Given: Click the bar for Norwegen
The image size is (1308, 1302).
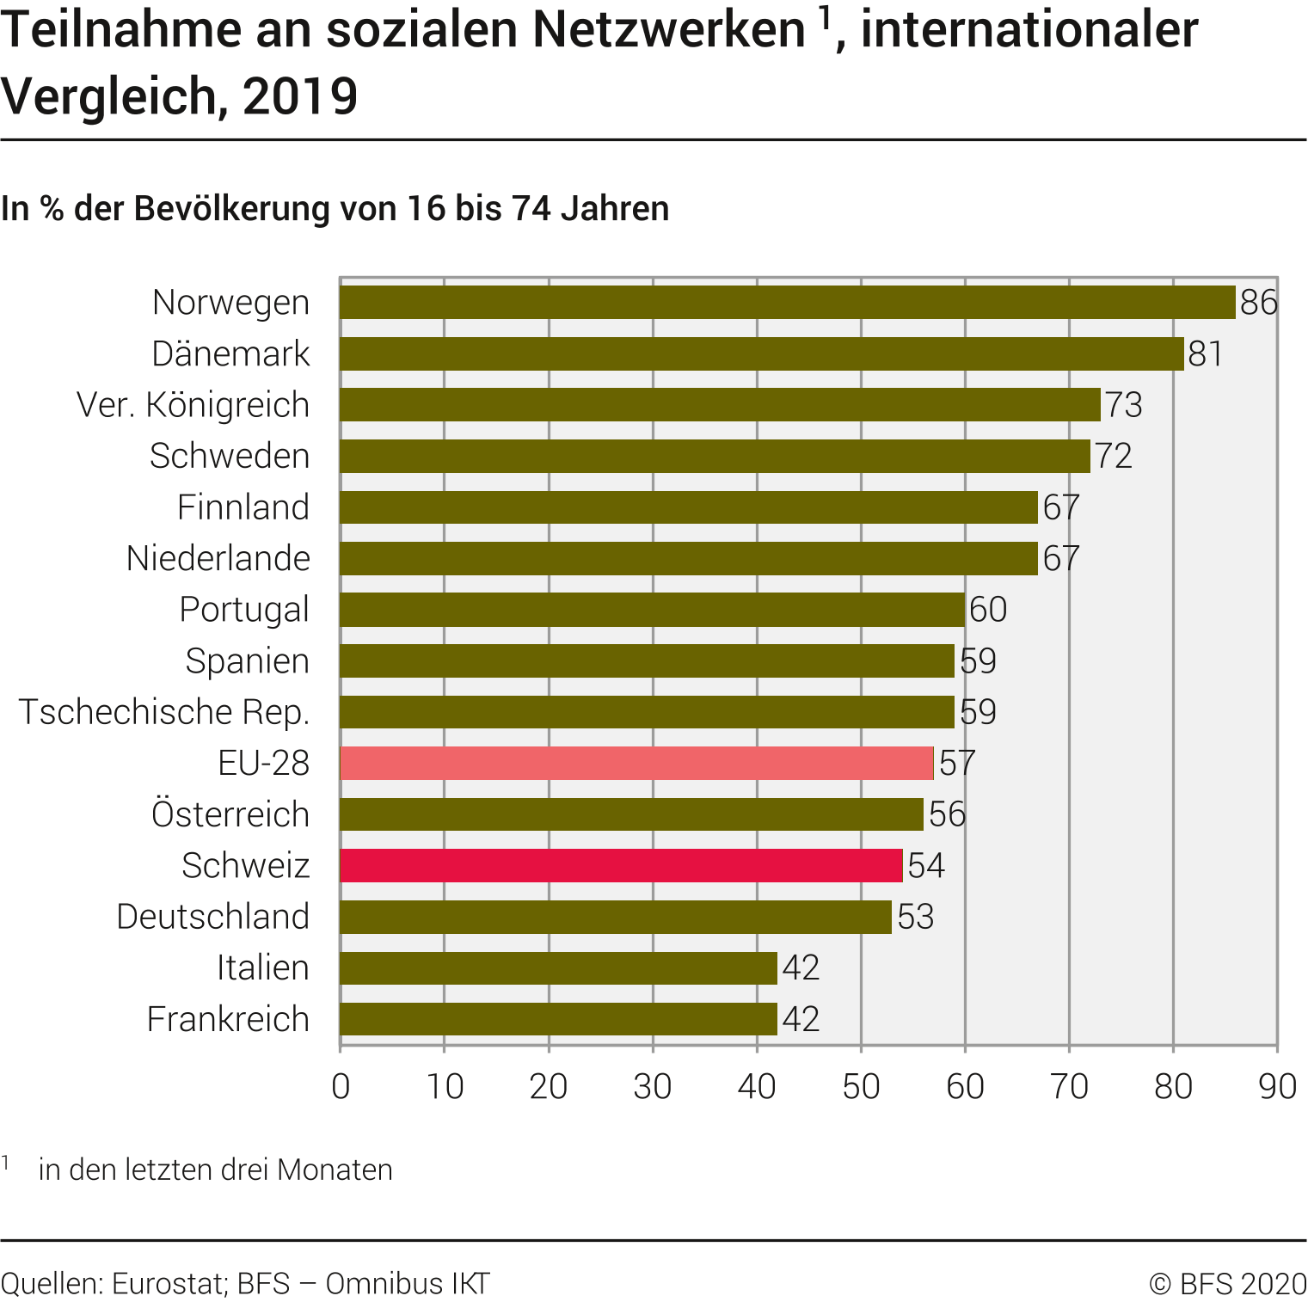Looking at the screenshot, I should tap(787, 303).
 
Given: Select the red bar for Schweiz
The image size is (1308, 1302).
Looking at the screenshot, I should tap(621, 866).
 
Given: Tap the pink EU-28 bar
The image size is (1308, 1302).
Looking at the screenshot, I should tap(636, 764).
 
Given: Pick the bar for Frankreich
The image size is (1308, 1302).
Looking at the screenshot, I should tap(558, 1019).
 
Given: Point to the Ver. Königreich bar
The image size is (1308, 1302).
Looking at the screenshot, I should tap(720, 405).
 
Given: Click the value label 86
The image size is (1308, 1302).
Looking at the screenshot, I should tap(1259, 303).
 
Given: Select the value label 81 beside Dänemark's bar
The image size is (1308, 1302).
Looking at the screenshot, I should tap(1205, 354).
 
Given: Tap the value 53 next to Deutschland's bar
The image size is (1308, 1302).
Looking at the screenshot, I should tap(915, 917).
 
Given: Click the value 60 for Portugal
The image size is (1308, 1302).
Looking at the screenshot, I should tap(987, 610).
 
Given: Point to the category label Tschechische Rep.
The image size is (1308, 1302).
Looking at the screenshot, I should tap(164, 712).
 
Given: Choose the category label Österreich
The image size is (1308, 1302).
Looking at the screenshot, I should tap(230, 814).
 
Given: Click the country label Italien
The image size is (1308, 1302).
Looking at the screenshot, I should tap(262, 968).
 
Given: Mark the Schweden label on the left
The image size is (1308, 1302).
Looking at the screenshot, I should tap(230, 456).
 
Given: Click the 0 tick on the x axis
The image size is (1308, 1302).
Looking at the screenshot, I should tap(341, 1087).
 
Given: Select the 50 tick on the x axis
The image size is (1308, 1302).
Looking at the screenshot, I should tap(861, 1087).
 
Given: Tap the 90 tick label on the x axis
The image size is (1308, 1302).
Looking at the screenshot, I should tap(1277, 1087).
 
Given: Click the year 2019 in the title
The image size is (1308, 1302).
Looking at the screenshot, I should tap(300, 95).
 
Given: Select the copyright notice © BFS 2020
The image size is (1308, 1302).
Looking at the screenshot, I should tap(1228, 1284).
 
